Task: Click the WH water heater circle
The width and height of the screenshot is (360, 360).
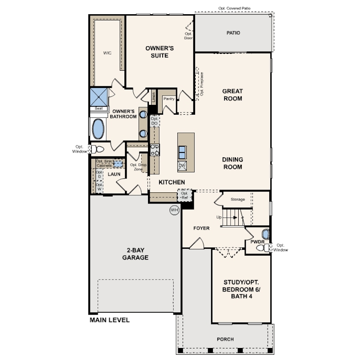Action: click(175, 210)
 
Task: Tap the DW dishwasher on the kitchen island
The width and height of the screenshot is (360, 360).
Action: click(182, 166)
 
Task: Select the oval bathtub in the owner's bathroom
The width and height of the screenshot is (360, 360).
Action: click(98, 129)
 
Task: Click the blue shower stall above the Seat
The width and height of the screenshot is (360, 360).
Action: click(99, 97)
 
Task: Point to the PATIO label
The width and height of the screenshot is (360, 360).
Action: click(233, 33)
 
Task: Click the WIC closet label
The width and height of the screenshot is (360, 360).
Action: click(107, 53)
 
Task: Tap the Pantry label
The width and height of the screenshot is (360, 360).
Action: click(169, 99)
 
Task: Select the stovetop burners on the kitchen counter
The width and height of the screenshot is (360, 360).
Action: click(155, 150)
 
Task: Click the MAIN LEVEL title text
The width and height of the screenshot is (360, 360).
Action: click(109, 320)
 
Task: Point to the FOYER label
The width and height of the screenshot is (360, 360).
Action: click(201, 228)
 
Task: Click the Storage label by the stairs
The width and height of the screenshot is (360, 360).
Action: click(238, 199)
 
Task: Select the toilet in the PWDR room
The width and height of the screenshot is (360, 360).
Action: click(263, 248)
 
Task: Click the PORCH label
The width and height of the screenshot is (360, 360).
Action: click(225, 339)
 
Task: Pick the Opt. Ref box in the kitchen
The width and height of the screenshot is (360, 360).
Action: click(184, 196)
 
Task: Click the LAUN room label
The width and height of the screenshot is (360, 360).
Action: click(114, 174)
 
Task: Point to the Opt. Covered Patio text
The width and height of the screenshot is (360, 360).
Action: click(234, 8)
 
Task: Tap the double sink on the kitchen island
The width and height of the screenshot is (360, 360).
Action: click(182, 152)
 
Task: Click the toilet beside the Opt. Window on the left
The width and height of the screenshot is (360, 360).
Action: click(97, 149)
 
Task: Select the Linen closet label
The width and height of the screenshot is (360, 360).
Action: click(154, 97)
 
